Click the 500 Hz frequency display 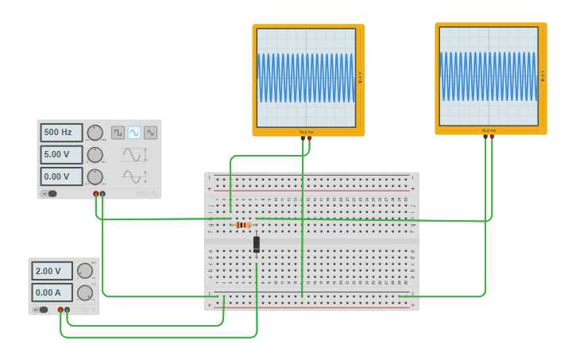[61, 132]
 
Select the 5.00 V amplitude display [61, 154]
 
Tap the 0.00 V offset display [61, 176]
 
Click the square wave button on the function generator [118, 133]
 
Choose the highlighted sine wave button [134, 133]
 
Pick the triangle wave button [150, 133]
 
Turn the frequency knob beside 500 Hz [95, 133]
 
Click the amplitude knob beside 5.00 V [95, 154]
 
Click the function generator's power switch [49, 193]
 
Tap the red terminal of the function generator [96, 193]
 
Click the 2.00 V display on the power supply [52, 271]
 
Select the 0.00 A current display [52, 292]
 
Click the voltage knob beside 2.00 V [84, 271]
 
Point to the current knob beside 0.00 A [84, 292]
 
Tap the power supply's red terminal [60, 309]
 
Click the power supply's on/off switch [41, 309]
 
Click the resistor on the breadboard [242, 225]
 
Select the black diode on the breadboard [257, 244]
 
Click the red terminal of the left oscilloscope [309, 139]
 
